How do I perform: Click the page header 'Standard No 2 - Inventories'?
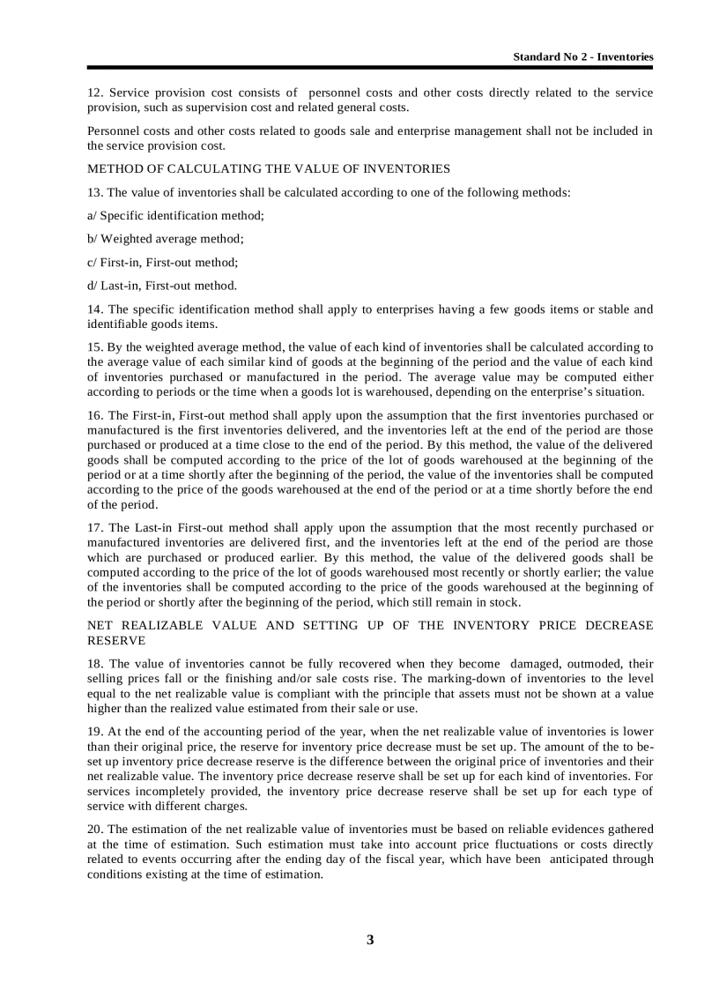pyautogui.click(x=583, y=56)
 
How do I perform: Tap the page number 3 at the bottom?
pyautogui.click(x=370, y=940)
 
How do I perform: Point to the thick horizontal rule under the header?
pyautogui.click(x=370, y=67)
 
